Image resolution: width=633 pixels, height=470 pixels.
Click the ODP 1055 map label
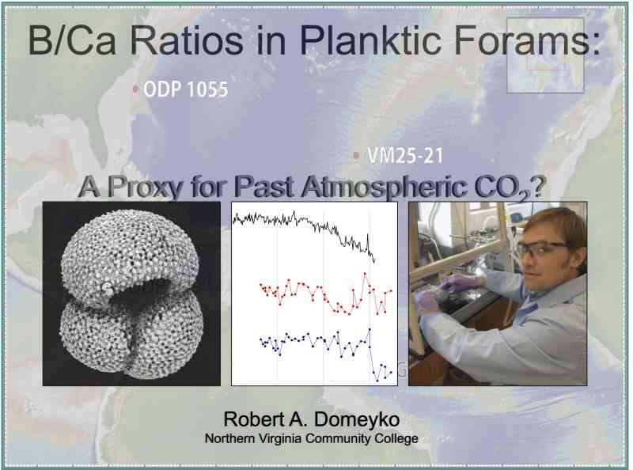[x=186, y=89]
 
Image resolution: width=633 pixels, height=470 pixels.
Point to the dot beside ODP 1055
[x=135, y=89]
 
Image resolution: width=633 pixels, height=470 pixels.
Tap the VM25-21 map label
[x=405, y=155]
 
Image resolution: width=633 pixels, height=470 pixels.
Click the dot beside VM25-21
[x=356, y=155]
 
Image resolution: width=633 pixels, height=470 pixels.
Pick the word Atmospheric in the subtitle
[x=385, y=188]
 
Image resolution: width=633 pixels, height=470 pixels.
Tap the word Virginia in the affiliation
[x=279, y=438]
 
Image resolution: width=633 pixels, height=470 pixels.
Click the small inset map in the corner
[x=545, y=55]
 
